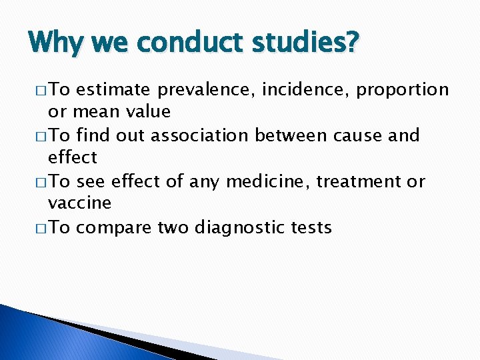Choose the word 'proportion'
pyautogui.click(x=403, y=90)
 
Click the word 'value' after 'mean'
pyautogui.click(x=149, y=111)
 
